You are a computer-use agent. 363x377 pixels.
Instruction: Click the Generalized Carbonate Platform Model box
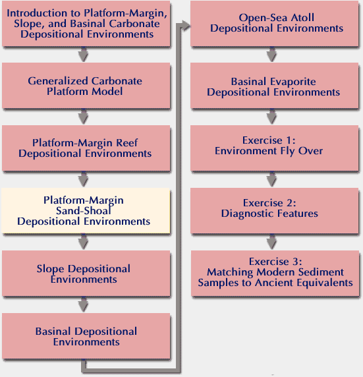click(x=86, y=86)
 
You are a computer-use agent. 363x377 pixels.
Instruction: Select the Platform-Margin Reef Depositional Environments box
click(x=86, y=148)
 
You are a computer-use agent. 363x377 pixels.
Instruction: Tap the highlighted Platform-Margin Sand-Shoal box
click(x=86, y=211)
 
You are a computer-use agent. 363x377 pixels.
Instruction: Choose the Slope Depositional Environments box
click(x=86, y=274)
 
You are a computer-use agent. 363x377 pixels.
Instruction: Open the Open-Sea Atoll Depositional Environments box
click(x=275, y=23)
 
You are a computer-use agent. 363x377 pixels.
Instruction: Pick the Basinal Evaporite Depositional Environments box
click(x=275, y=86)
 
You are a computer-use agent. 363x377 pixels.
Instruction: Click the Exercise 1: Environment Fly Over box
click(x=275, y=148)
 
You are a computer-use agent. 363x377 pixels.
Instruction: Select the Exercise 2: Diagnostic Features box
click(x=275, y=211)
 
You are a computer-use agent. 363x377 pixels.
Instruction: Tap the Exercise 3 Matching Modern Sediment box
click(x=275, y=274)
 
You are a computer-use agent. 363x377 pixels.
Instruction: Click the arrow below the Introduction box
click(x=83, y=54)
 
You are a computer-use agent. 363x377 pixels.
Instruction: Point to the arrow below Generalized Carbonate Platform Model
click(x=83, y=117)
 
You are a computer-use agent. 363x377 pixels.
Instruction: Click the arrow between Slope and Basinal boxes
click(x=83, y=304)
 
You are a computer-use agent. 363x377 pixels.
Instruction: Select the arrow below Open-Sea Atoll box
click(x=271, y=54)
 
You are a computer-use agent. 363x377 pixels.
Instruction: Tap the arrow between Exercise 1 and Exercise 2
click(x=271, y=179)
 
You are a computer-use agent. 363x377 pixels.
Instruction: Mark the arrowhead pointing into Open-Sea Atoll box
click(x=186, y=26)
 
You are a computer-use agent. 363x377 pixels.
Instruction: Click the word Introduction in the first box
click(x=36, y=13)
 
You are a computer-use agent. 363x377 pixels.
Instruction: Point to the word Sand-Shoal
click(x=84, y=211)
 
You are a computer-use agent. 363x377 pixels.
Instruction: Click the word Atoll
click(x=302, y=18)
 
